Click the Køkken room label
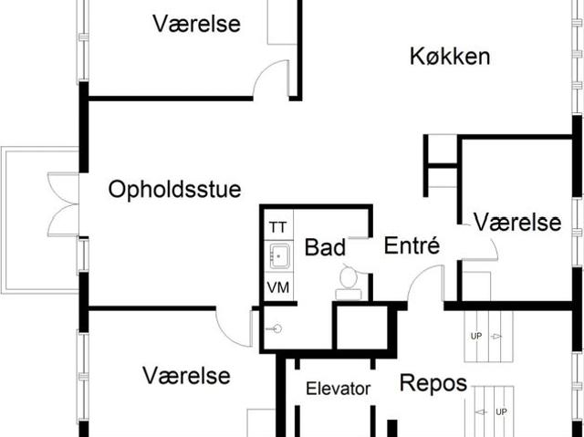pyautogui.click(x=450, y=57)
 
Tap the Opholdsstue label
pyautogui.click(x=174, y=190)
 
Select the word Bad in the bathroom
pyautogui.click(x=325, y=247)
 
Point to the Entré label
pyautogui.click(x=412, y=245)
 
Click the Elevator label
pyautogui.click(x=339, y=389)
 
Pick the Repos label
pyautogui.click(x=433, y=383)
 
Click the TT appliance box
pyautogui.click(x=278, y=225)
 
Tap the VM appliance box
pyautogui.click(x=278, y=287)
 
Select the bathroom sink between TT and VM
pyautogui.click(x=279, y=256)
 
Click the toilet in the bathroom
pyautogui.click(x=349, y=283)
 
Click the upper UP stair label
pyautogui.click(x=476, y=336)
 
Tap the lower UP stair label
pyautogui.click(x=501, y=411)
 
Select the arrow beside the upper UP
pyautogui.click(x=495, y=337)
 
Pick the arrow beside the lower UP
pyautogui.click(x=483, y=412)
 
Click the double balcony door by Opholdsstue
pyautogui.click(x=63, y=204)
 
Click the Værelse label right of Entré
pyautogui.click(x=517, y=223)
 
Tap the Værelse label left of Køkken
pyautogui.click(x=197, y=24)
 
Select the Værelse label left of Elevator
pyautogui.click(x=186, y=375)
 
